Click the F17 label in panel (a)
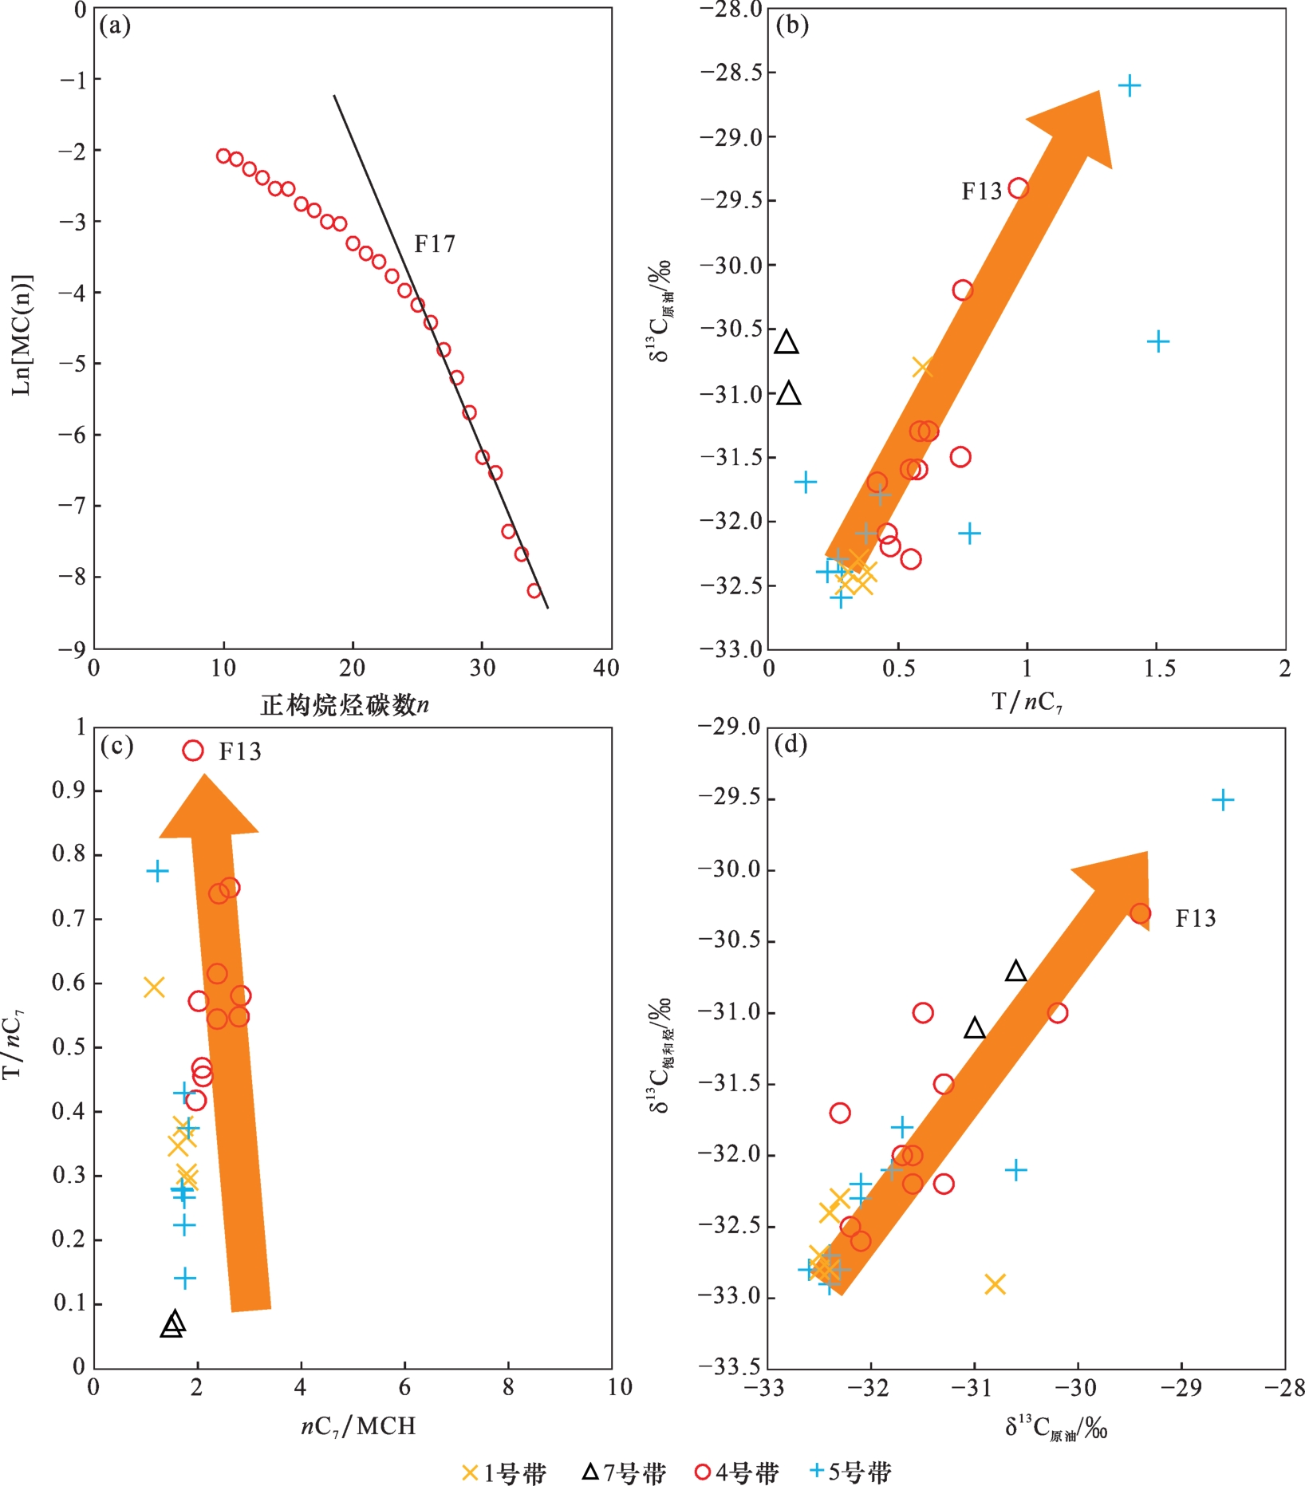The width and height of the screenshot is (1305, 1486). coord(435,244)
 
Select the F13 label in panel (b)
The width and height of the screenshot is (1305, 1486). coord(980,191)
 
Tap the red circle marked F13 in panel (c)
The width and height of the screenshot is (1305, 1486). coord(193,751)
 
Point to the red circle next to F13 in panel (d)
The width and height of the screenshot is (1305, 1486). coord(1140,914)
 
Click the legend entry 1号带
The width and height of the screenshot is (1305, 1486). coord(504,1472)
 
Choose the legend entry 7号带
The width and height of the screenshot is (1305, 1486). coord(623,1472)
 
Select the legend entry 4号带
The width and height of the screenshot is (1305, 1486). coord(736,1472)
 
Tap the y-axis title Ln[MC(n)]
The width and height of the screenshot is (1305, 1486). coord(22,335)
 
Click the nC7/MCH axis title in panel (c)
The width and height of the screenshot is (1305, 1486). coord(358,1425)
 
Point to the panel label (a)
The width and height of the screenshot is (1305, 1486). coord(115,26)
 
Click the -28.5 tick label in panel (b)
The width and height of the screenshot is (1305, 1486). coord(729,73)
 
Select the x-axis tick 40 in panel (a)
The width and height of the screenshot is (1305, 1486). coord(606,668)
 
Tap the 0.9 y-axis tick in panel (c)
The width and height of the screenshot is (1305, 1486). coord(69,790)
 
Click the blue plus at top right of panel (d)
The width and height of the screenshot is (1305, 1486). coord(1223,800)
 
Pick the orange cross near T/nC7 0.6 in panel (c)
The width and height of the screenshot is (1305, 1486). coord(154,987)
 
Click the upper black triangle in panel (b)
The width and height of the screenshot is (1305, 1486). coord(787,342)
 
